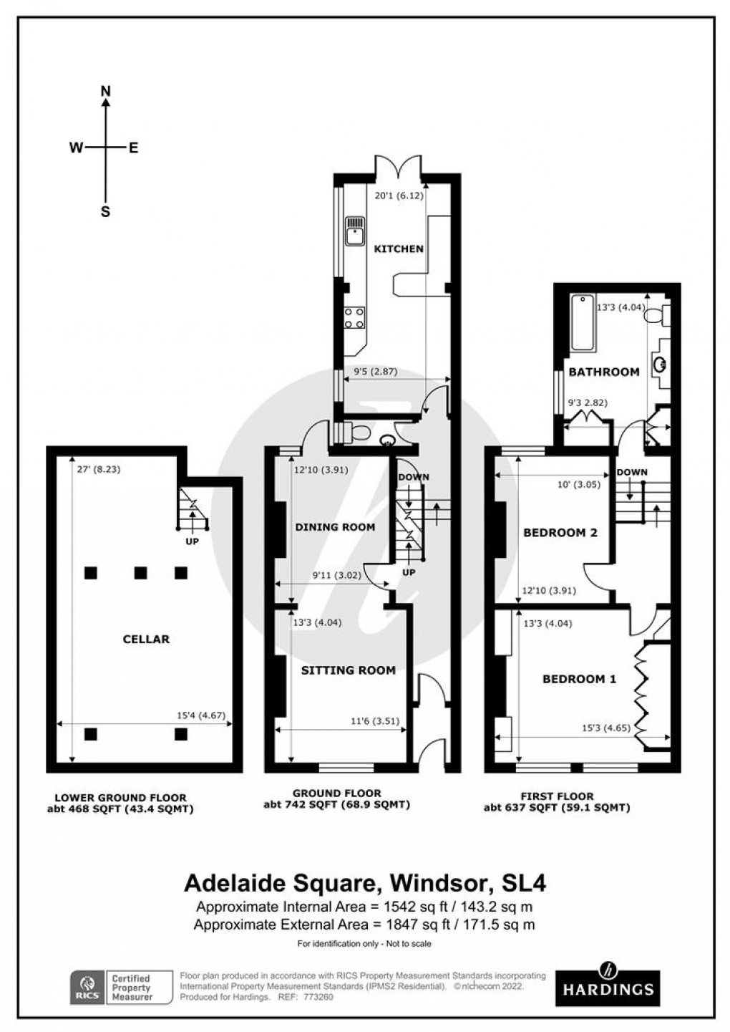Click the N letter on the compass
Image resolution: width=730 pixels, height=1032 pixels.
click(106, 91)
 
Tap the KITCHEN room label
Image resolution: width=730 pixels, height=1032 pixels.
click(399, 249)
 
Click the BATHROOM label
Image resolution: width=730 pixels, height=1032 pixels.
click(603, 372)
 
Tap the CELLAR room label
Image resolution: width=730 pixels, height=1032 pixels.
click(145, 639)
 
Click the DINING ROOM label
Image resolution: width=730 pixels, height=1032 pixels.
click(335, 527)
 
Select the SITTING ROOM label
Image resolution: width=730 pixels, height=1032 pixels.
click(348, 670)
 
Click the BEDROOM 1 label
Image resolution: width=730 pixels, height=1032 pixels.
click(579, 679)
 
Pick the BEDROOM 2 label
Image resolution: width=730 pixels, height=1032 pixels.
click(560, 533)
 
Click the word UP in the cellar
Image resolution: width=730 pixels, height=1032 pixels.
click(192, 541)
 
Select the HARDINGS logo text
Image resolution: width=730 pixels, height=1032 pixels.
click(608, 990)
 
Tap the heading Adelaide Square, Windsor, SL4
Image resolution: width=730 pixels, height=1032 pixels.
click(365, 883)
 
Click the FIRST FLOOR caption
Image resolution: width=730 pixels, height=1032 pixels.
click(557, 796)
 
